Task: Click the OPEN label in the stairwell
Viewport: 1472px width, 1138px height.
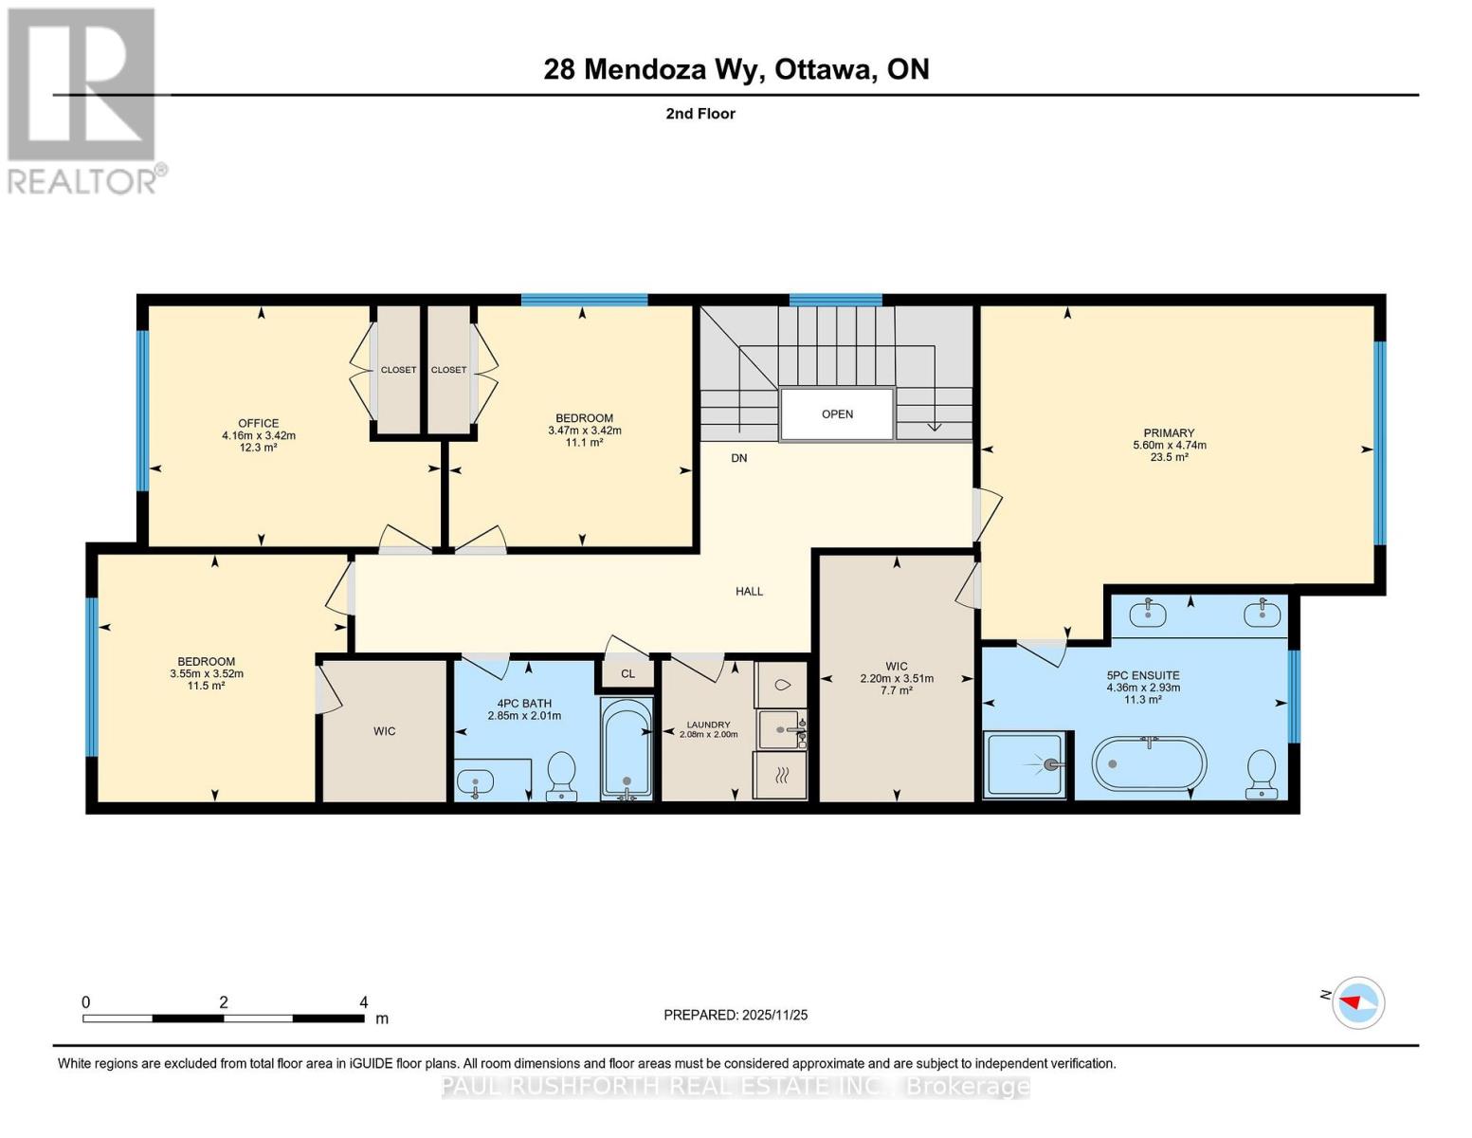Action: tap(837, 414)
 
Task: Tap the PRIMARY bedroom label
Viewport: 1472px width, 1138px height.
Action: tap(1169, 432)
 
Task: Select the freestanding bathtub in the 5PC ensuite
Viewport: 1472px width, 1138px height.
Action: tap(1150, 763)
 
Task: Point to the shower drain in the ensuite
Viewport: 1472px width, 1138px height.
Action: tap(1050, 764)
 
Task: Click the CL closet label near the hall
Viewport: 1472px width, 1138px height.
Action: tap(627, 674)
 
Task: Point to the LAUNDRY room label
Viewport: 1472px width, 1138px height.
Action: tap(708, 725)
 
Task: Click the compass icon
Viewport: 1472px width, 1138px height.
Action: tap(1358, 1001)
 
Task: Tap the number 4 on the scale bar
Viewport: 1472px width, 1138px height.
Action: tap(363, 1002)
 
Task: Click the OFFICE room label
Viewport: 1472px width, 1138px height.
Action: tap(258, 423)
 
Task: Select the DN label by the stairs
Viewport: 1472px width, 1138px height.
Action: tap(738, 458)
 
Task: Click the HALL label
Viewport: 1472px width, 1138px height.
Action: tap(749, 591)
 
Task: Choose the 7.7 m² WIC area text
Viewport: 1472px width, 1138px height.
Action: tap(897, 690)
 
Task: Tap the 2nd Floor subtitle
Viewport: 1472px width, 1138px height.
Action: tap(700, 114)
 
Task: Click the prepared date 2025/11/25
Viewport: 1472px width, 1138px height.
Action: tap(774, 1015)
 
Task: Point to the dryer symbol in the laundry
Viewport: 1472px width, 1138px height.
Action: tap(781, 775)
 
